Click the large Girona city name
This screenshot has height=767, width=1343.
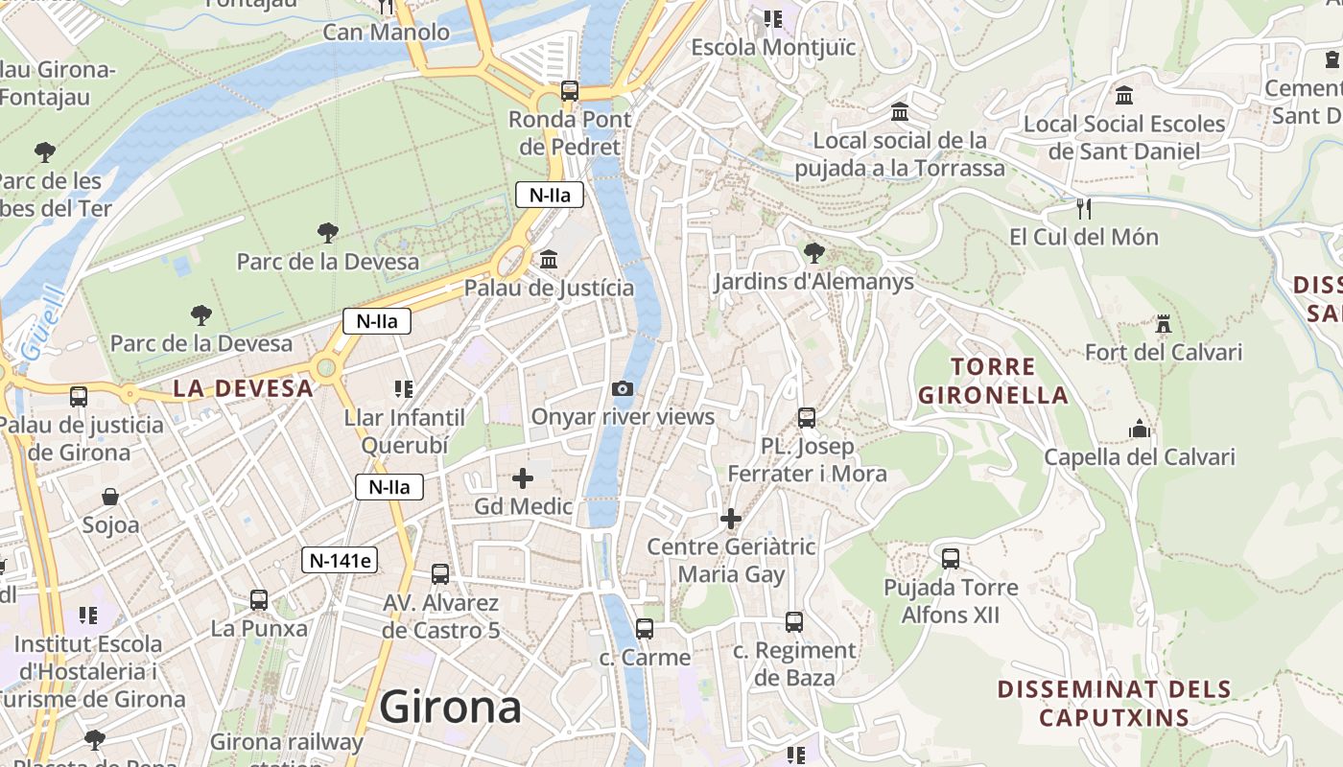click(450, 708)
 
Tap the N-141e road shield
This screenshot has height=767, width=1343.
click(340, 561)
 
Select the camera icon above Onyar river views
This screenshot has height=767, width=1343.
click(623, 388)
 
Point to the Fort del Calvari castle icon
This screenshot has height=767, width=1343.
click(1164, 324)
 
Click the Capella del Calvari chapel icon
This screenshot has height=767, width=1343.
click(1140, 429)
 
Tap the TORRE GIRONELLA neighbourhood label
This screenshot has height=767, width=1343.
click(993, 381)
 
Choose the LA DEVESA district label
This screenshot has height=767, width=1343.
click(244, 388)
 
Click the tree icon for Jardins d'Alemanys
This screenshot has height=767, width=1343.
click(814, 253)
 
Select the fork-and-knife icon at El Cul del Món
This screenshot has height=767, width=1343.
click(1084, 208)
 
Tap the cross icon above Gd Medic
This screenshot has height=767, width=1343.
click(523, 477)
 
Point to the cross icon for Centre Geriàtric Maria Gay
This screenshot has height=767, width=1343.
click(731, 519)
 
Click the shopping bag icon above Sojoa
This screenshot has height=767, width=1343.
click(111, 497)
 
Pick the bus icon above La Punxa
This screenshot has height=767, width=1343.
click(259, 600)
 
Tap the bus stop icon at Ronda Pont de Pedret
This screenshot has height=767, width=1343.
click(570, 91)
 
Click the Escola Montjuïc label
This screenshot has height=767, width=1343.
click(773, 47)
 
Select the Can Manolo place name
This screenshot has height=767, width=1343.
click(386, 33)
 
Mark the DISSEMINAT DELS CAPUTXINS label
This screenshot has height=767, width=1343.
click(1114, 703)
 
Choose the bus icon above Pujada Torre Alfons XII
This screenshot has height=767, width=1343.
click(951, 558)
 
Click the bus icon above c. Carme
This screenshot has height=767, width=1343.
click(645, 629)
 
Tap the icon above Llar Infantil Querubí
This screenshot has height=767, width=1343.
click(404, 389)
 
